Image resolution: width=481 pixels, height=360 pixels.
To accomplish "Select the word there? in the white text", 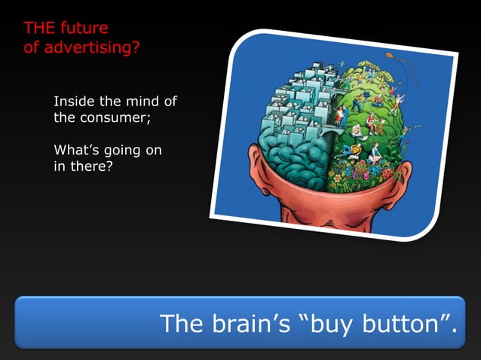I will pos(90,167).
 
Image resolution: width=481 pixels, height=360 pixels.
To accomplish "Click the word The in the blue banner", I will pos(180,324).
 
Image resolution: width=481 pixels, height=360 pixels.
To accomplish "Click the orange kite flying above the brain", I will pos(391,56).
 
